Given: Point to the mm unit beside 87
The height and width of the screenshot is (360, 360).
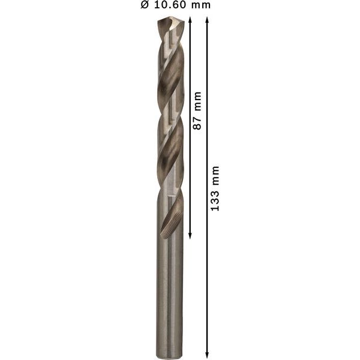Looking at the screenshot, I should (196, 102).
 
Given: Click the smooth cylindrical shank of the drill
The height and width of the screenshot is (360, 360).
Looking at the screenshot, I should (170, 288).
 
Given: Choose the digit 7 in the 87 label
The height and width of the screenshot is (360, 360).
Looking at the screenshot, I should (196, 118).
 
